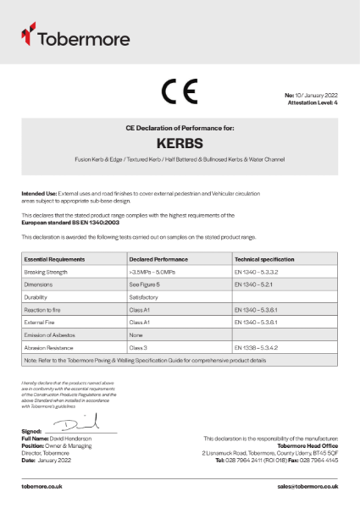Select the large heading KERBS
tap(180, 143)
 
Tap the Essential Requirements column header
tap(56, 257)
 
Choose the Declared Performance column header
tap(158, 257)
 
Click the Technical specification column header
tap(264, 257)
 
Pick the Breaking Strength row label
tap(47, 271)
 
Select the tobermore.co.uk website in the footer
tap(42, 487)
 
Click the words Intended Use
tap(39, 194)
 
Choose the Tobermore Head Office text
tap(307, 443)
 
